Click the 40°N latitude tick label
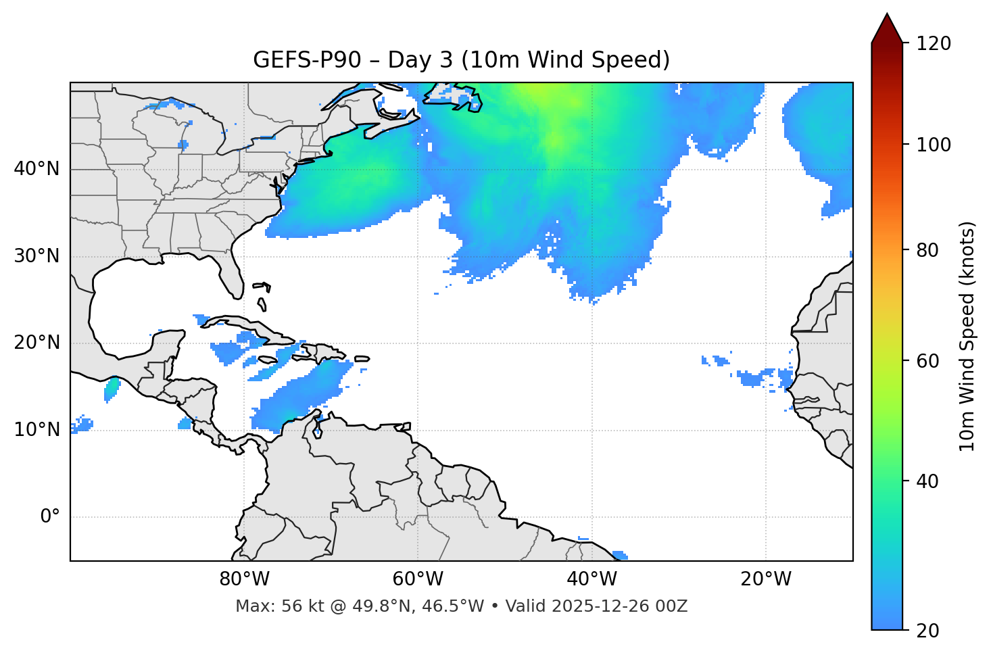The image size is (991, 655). (37, 169)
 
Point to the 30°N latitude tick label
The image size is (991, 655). (37, 256)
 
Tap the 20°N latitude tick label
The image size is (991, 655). (37, 343)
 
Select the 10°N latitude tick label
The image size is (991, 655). (37, 430)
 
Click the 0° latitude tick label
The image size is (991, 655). (50, 517)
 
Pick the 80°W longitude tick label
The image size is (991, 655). (244, 579)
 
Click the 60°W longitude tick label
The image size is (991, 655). (418, 579)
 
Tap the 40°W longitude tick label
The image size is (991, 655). (591, 579)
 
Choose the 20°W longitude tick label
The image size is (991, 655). (766, 579)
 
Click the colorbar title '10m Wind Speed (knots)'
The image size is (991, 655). (967, 336)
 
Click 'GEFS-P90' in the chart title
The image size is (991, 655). (294, 60)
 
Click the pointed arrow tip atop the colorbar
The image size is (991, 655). (887, 16)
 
